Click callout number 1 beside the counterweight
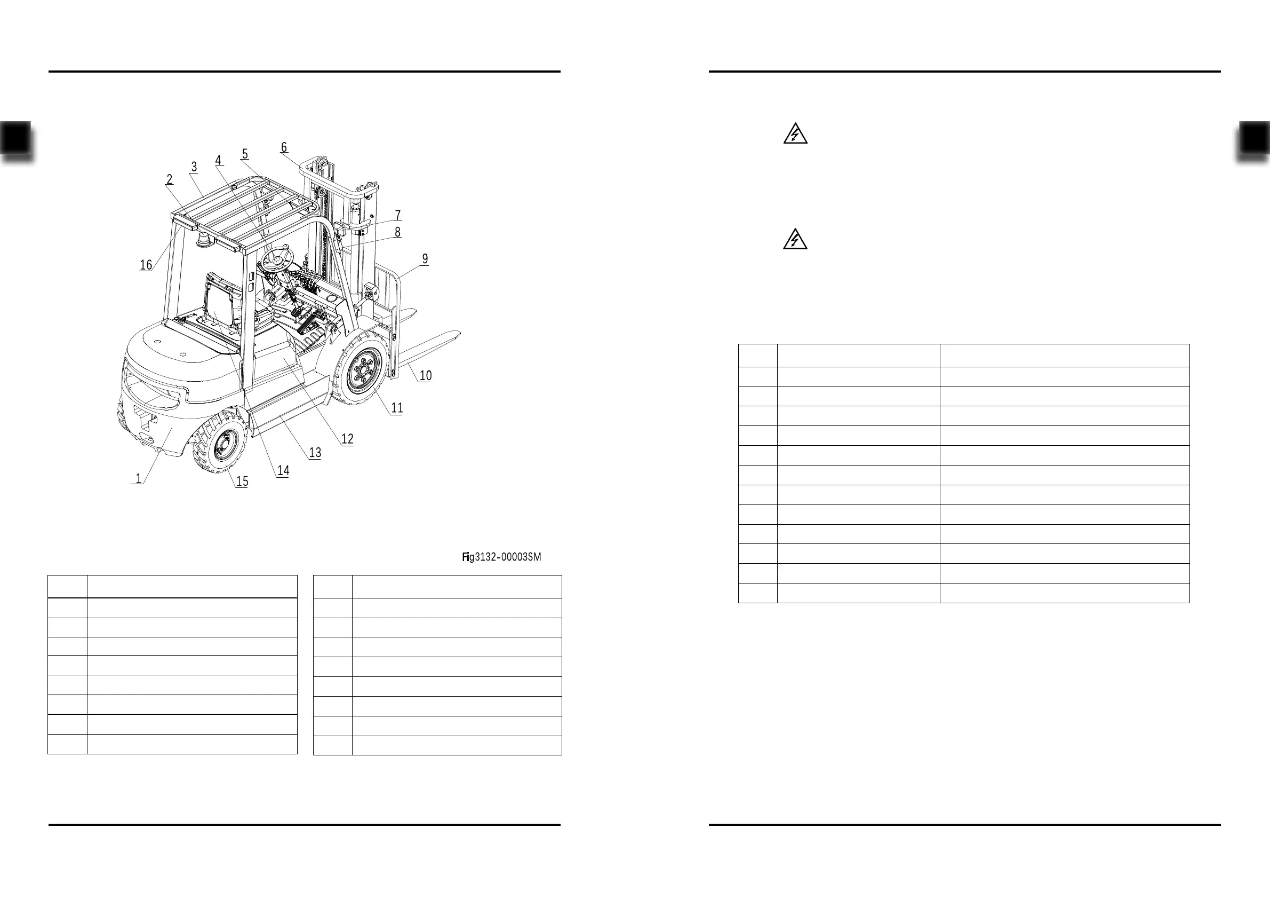pyautogui.click(x=138, y=478)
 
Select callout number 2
pyautogui.click(x=169, y=179)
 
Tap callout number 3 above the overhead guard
pyautogui.click(x=194, y=167)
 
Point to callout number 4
pyautogui.click(x=219, y=160)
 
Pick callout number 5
pyautogui.click(x=245, y=154)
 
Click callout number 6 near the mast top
pyautogui.click(x=284, y=147)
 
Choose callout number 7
pyautogui.click(x=398, y=215)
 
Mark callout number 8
pyautogui.click(x=397, y=232)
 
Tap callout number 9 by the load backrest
pyautogui.click(x=425, y=258)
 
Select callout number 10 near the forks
pyautogui.click(x=425, y=375)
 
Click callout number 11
pyautogui.click(x=397, y=408)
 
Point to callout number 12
pyautogui.click(x=347, y=439)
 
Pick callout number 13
pyautogui.click(x=315, y=453)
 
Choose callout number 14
pyautogui.click(x=283, y=470)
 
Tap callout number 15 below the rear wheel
pyautogui.click(x=242, y=482)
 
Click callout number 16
pyautogui.click(x=146, y=265)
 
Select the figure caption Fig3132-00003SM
pyautogui.click(x=501, y=557)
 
